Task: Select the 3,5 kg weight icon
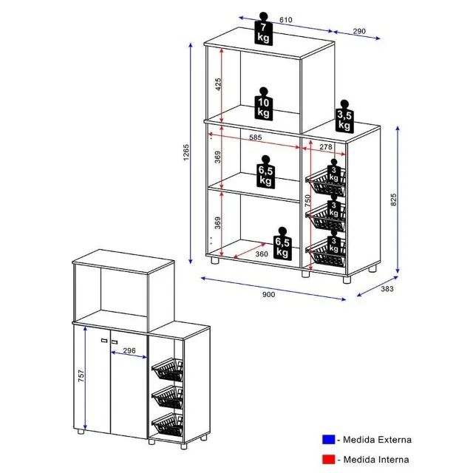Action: [344, 117]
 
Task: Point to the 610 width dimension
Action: [286, 20]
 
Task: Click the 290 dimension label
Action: [359, 31]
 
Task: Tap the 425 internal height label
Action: [219, 84]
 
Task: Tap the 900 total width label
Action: [269, 295]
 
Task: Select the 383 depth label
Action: [387, 289]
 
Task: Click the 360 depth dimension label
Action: [261, 254]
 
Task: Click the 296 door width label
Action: [129, 350]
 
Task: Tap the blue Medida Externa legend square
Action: [328, 439]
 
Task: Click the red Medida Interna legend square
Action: [328, 459]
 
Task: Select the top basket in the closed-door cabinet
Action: [168, 369]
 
